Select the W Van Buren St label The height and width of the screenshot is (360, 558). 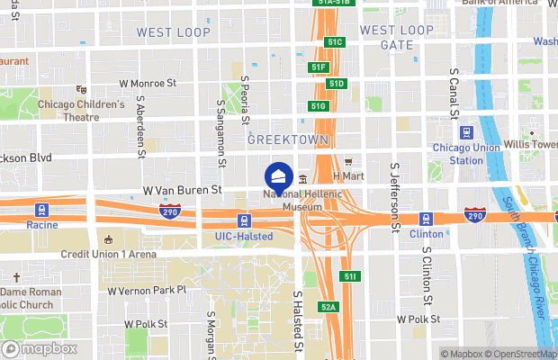pyautogui.click(x=182, y=191)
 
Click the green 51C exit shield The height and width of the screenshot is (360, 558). pyautogui.click(x=336, y=42)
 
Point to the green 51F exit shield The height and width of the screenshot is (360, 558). pyautogui.click(x=319, y=67)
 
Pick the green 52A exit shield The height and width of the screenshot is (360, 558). pyautogui.click(x=328, y=308)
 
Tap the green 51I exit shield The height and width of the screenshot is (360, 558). pyautogui.click(x=351, y=275)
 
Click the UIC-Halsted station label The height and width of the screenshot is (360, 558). pyautogui.click(x=244, y=236)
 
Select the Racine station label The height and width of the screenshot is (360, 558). pyautogui.click(x=41, y=236)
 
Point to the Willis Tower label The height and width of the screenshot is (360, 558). pyautogui.click(x=531, y=144)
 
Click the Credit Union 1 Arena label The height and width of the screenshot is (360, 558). pyautogui.click(x=108, y=254)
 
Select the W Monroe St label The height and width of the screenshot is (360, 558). pyautogui.click(x=148, y=83)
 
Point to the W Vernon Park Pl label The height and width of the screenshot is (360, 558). pyautogui.click(x=146, y=291)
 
